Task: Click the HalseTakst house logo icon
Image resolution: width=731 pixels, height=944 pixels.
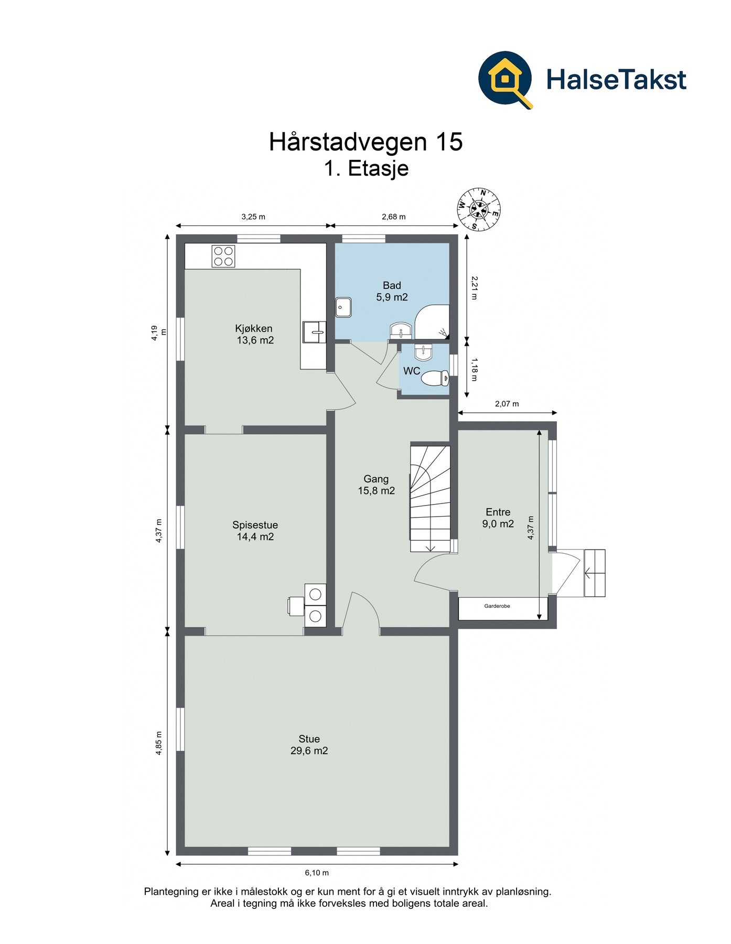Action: [x=505, y=79]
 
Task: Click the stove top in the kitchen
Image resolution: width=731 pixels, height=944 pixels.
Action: [x=222, y=256]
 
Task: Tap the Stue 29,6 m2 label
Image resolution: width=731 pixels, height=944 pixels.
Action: [x=309, y=745]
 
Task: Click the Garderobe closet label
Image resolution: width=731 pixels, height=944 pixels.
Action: [x=497, y=606]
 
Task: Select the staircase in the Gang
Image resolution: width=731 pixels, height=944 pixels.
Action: [x=430, y=498]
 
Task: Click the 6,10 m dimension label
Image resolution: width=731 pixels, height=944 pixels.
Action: [x=317, y=873]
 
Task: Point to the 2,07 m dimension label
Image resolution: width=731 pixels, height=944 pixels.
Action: [x=507, y=404]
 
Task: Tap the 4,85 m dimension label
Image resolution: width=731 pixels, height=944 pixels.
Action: [x=158, y=743]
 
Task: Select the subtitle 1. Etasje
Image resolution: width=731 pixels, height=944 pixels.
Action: [x=365, y=169]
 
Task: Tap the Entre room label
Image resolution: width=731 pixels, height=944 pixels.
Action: [x=498, y=518]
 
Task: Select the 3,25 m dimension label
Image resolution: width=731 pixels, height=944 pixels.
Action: [x=253, y=217]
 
